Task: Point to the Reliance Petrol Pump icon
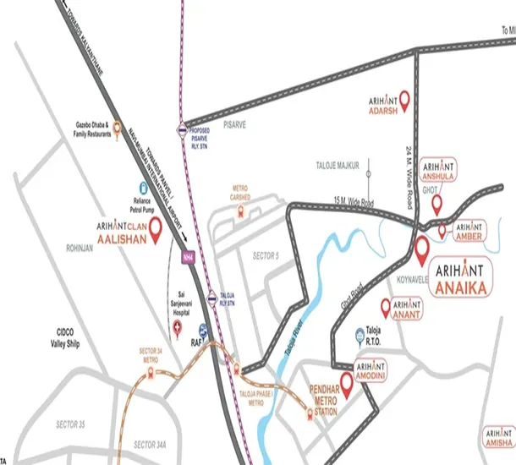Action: (x=132, y=189)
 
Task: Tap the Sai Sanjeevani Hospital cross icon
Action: (x=176, y=325)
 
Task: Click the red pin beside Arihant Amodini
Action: (x=345, y=381)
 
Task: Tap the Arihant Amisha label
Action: (x=498, y=437)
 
